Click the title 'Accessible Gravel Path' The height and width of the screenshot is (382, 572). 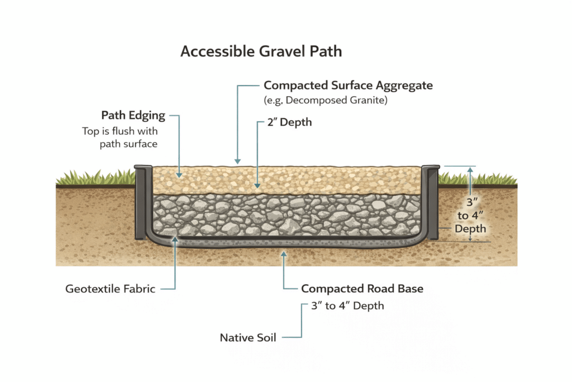click(x=261, y=51)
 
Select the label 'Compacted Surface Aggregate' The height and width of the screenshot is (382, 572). click(x=348, y=86)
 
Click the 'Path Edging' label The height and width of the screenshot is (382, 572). click(x=133, y=116)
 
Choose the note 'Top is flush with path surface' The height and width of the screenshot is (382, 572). click(x=120, y=138)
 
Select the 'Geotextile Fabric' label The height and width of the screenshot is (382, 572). click(x=110, y=289)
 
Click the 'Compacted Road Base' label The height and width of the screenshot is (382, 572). click(x=362, y=289)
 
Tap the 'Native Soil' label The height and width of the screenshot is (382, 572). click(x=248, y=337)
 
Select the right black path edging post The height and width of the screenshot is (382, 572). click(x=431, y=201)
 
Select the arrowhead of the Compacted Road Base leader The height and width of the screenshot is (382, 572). click(x=284, y=255)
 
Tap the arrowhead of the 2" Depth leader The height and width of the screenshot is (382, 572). click(x=256, y=185)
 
